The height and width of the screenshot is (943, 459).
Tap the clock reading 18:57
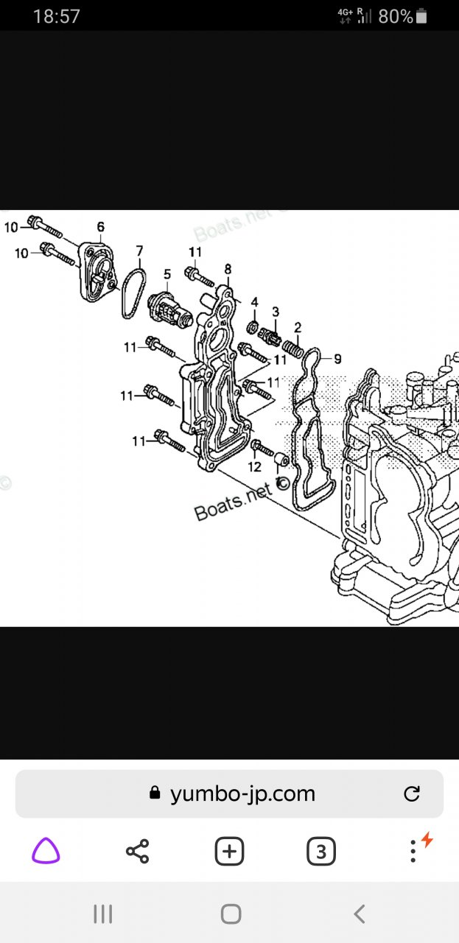click(56, 16)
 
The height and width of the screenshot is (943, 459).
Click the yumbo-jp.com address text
click(242, 793)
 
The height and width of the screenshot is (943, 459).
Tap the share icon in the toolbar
click(137, 852)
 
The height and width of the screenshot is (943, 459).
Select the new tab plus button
click(229, 852)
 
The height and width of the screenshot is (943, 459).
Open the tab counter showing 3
click(320, 852)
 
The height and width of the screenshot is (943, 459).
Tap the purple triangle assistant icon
click(46, 852)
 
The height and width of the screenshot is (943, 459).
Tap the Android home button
click(231, 914)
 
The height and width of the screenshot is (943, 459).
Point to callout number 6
click(100, 227)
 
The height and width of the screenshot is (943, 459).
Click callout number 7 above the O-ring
click(139, 251)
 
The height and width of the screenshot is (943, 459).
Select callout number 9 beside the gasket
click(337, 360)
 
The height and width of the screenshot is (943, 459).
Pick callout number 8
click(228, 269)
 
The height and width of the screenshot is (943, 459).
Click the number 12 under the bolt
click(254, 466)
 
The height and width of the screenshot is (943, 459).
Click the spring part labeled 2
click(293, 346)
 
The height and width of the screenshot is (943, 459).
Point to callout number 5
click(167, 275)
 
